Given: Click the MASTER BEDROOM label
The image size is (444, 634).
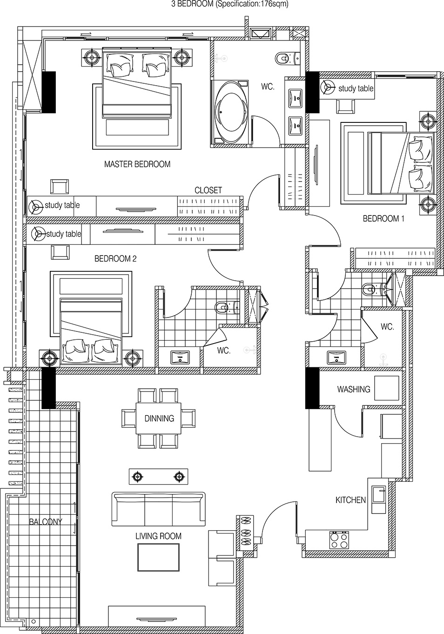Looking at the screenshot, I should tap(137, 164).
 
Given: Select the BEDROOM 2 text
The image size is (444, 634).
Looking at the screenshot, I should tap(115, 259).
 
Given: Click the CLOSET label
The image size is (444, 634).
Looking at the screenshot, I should tap(208, 190).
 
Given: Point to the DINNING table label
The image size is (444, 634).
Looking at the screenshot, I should tap(159, 418).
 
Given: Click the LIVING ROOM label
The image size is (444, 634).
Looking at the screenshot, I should tap(158, 536).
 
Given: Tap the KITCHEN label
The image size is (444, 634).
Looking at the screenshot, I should tap(350, 500).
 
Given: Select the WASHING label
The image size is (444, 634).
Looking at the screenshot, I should tap(354, 389).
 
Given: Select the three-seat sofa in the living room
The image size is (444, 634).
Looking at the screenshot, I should tap(158, 508).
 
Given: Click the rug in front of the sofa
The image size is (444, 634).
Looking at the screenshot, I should tap(158, 557).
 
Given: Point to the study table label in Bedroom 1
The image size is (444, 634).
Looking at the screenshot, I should tap(356, 88).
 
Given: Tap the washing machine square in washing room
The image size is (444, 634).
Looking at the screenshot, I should tap(386, 388).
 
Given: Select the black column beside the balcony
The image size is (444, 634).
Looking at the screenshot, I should tap(49, 388).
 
